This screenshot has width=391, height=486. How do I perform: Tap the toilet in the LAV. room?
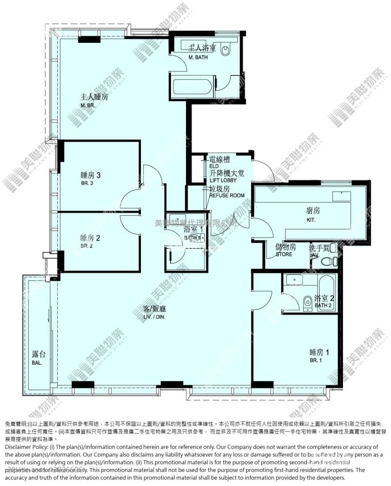click(x=330, y=261)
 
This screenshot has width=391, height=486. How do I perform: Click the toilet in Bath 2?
click(x=307, y=302)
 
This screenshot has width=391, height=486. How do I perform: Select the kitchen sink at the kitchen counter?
click(x=341, y=196)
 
